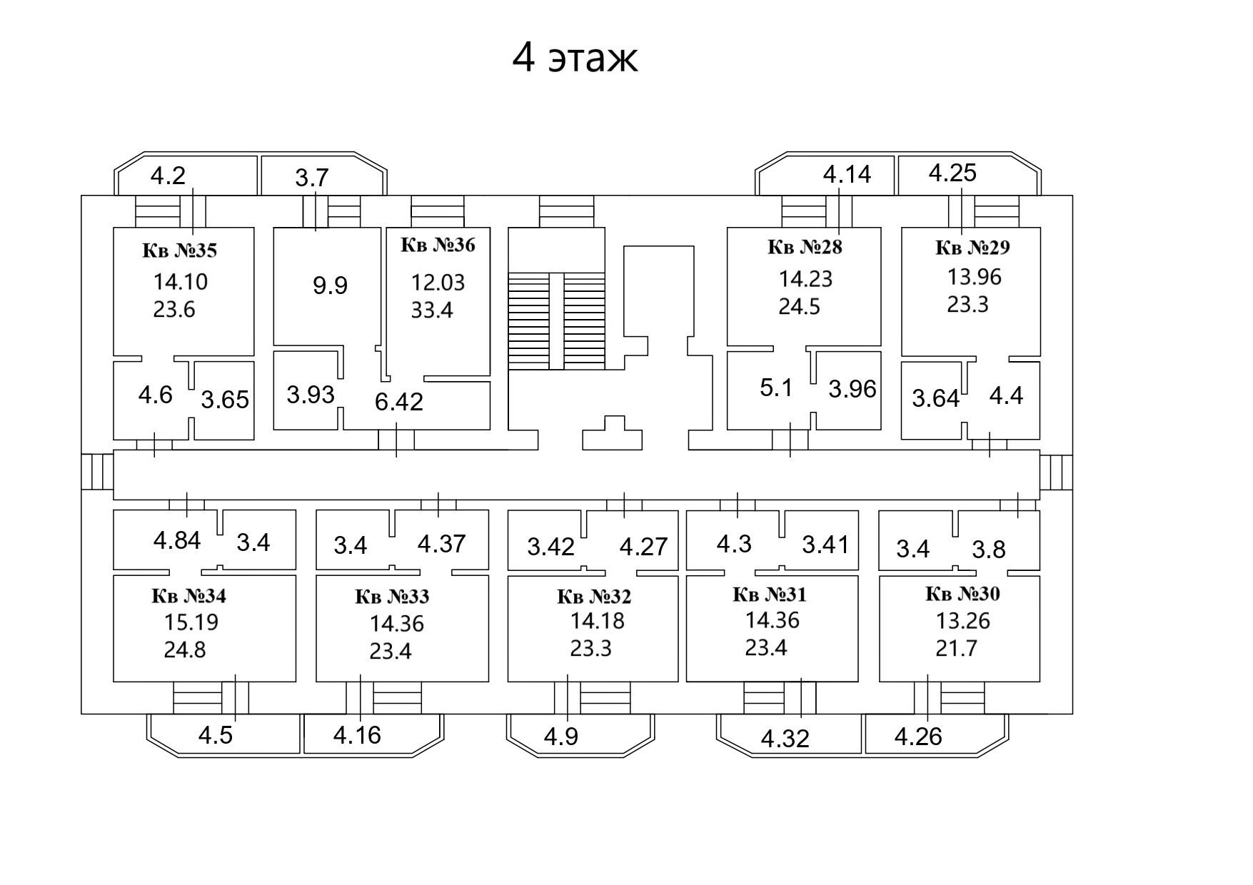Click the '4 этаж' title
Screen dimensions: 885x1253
coord(575,59)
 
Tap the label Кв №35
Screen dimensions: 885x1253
coord(179,251)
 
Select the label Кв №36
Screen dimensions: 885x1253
coord(438,246)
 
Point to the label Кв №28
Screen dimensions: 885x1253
coord(805,247)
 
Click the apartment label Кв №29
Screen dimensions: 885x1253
coord(972,248)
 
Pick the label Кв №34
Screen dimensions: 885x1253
coord(188,595)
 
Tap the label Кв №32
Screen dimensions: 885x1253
coord(594,596)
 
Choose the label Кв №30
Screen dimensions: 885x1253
coord(962,594)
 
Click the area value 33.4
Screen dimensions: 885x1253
coord(432,310)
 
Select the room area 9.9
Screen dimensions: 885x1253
coord(330,285)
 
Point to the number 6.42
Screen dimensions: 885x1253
coord(399,402)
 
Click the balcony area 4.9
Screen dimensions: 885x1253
coord(561,736)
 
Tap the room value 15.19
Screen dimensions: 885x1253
coord(191,622)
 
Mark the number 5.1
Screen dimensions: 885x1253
coord(776,388)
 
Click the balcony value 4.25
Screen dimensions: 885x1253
coord(952,173)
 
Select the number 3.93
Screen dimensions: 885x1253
coord(311,394)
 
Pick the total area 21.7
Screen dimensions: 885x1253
coord(956,649)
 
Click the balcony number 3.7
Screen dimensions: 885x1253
coord(312,178)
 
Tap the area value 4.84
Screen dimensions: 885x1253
coord(177,540)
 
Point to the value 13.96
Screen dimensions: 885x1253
coord(974,276)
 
